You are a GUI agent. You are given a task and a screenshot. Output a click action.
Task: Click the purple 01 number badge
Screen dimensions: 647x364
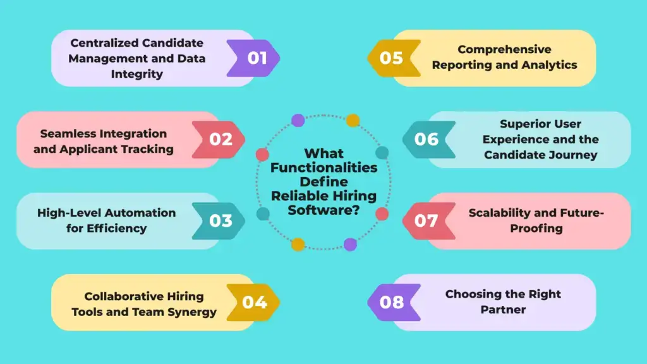click(253, 58)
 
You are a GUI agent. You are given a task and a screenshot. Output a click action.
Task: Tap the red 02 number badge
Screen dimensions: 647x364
click(218, 140)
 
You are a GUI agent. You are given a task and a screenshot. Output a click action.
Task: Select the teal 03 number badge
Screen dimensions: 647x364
click(218, 221)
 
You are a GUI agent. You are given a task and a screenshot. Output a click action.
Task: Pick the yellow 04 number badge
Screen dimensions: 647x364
click(253, 303)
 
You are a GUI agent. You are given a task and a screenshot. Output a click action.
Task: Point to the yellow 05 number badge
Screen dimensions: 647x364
click(394, 58)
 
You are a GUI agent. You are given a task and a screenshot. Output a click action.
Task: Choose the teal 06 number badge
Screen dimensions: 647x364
click(429, 140)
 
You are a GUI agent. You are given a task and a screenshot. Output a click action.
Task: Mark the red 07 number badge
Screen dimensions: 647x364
click(429, 221)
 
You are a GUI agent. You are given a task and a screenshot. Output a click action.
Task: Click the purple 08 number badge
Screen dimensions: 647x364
click(394, 303)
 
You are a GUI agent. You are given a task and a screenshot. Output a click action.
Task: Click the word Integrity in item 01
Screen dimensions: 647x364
click(137, 75)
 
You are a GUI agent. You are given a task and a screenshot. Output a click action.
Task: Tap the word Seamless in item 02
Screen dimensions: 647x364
click(68, 134)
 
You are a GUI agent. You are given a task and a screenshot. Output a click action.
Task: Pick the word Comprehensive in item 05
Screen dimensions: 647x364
click(504, 49)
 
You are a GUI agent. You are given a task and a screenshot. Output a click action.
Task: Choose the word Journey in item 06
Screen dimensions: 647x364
click(574, 155)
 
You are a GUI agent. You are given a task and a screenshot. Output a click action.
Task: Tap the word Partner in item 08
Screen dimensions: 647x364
click(503, 310)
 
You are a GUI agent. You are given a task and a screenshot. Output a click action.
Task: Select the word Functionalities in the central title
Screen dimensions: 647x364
click(324, 167)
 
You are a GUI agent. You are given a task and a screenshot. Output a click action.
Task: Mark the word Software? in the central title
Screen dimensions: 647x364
click(324, 210)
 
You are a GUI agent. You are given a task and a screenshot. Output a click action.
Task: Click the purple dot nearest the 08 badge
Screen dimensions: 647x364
click(350, 245)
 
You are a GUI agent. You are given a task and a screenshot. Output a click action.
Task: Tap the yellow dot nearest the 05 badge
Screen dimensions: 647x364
click(353, 121)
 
